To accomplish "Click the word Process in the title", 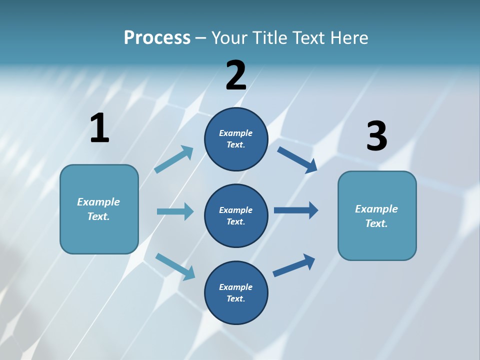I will click(x=157, y=38).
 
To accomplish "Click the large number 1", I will click(x=99, y=128).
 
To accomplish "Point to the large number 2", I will click(x=236, y=76).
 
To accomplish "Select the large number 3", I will click(x=376, y=136).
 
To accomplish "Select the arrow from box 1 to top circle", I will click(x=174, y=159).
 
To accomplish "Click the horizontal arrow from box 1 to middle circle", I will click(x=175, y=211).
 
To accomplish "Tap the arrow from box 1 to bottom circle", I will click(x=175, y=266).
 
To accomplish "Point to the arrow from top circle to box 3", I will click(x=297, y=159).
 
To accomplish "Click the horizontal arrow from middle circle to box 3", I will click(x=296, y=210).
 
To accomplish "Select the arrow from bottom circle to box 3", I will click(x=294, y=265).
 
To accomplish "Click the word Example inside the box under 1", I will click(x=98, y=202).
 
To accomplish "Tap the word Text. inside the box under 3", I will click(x=376, y=223).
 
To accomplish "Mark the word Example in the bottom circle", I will click(x=236, y=287).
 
